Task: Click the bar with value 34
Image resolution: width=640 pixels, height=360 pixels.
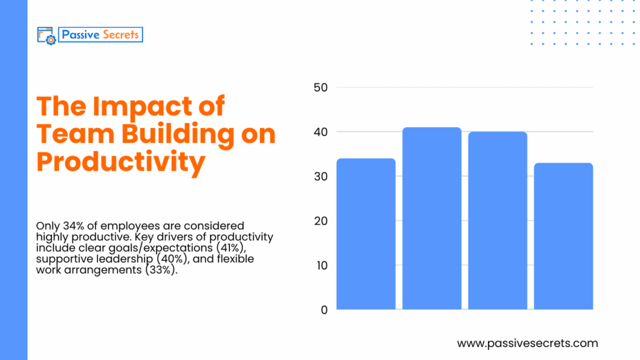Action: point(366,234)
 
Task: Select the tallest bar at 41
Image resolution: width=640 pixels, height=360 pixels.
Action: point(432,218)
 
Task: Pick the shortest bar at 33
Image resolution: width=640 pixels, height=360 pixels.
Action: point(563,236)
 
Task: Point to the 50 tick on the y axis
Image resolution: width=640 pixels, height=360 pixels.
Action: point(320,87)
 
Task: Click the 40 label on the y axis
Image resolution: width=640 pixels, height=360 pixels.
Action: point(320,132)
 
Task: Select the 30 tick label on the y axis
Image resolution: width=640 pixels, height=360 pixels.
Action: point(320,176)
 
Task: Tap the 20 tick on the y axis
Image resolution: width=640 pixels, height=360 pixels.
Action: point(320,221)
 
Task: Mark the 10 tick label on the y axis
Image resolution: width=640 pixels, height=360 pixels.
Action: point(320,265)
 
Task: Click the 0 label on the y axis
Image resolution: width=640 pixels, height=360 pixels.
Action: point(324,309)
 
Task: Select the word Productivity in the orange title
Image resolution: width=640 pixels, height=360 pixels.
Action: point(121,162)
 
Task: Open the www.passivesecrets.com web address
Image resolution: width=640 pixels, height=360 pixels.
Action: point(527,343)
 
